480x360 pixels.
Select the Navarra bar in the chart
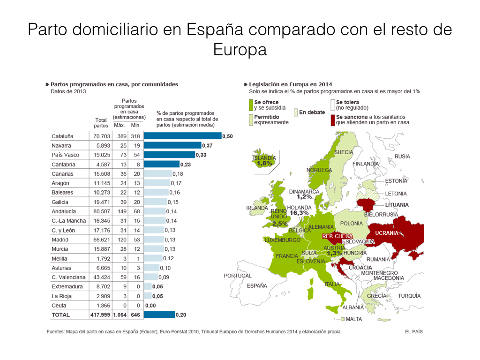coord(172,145)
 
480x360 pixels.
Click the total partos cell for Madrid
coord(101,240)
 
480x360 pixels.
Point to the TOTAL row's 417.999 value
coord(99,315)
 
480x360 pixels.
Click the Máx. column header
coord(120,125)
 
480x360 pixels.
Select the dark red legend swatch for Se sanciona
coord(333,120)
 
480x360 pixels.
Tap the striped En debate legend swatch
coord(296,112)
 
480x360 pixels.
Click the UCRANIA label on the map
coord(387,233)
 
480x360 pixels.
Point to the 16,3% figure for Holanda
coord(299,213)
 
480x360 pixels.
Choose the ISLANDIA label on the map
coord(264,158)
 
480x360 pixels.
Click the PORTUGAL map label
coord(238,276)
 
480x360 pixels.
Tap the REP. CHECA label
coord(337,236)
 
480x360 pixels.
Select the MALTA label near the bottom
coord(354,319)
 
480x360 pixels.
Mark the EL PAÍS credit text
coord(414,331)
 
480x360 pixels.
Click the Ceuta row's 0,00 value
coord(150,305)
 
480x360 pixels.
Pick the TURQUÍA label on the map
coord(409,296)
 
